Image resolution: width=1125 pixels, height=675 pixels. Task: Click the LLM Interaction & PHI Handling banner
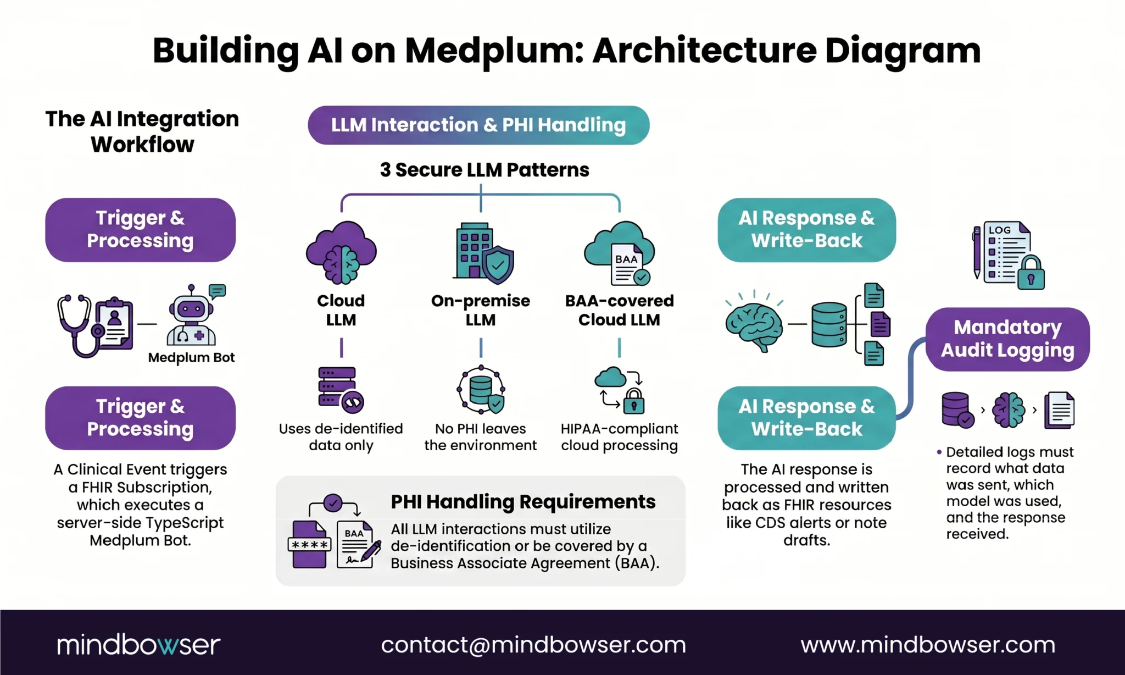[478, 125]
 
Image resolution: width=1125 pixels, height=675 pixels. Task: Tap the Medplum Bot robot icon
[191, 319]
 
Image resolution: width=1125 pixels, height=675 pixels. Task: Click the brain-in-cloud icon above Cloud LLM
[341, 253]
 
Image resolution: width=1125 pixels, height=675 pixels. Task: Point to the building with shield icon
[483, 253]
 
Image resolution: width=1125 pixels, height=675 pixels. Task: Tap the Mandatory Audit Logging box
[1007, 339]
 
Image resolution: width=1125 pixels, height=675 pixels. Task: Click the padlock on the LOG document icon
[1031, 273]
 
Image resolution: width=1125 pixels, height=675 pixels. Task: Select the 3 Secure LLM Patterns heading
[484, 170]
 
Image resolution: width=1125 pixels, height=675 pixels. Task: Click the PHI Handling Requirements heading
[523, 502]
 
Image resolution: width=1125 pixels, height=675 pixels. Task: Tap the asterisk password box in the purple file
[309, 545]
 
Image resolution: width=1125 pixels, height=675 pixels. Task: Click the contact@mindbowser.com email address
[533, 645]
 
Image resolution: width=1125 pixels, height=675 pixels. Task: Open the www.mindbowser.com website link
[928, 645]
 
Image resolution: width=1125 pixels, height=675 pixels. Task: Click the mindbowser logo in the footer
[138, 645]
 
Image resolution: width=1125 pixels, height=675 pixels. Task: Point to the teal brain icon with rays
[754, 324]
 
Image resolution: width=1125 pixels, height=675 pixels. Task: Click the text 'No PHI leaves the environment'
[480, 437]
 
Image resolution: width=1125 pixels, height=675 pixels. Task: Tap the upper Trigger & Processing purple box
[140, 230]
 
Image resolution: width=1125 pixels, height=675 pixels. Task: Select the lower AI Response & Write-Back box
[806, 418]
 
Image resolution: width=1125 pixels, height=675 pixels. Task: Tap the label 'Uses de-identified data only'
[341, 437]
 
